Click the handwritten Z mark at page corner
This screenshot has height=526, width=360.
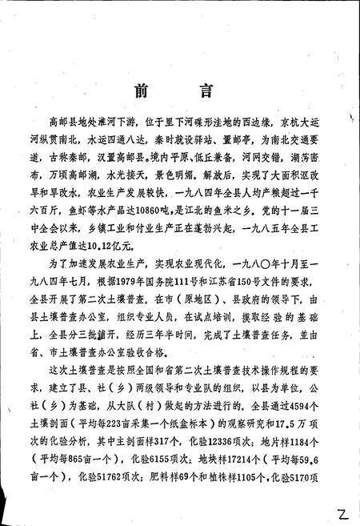pyautogui.click(x=342, y=510)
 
